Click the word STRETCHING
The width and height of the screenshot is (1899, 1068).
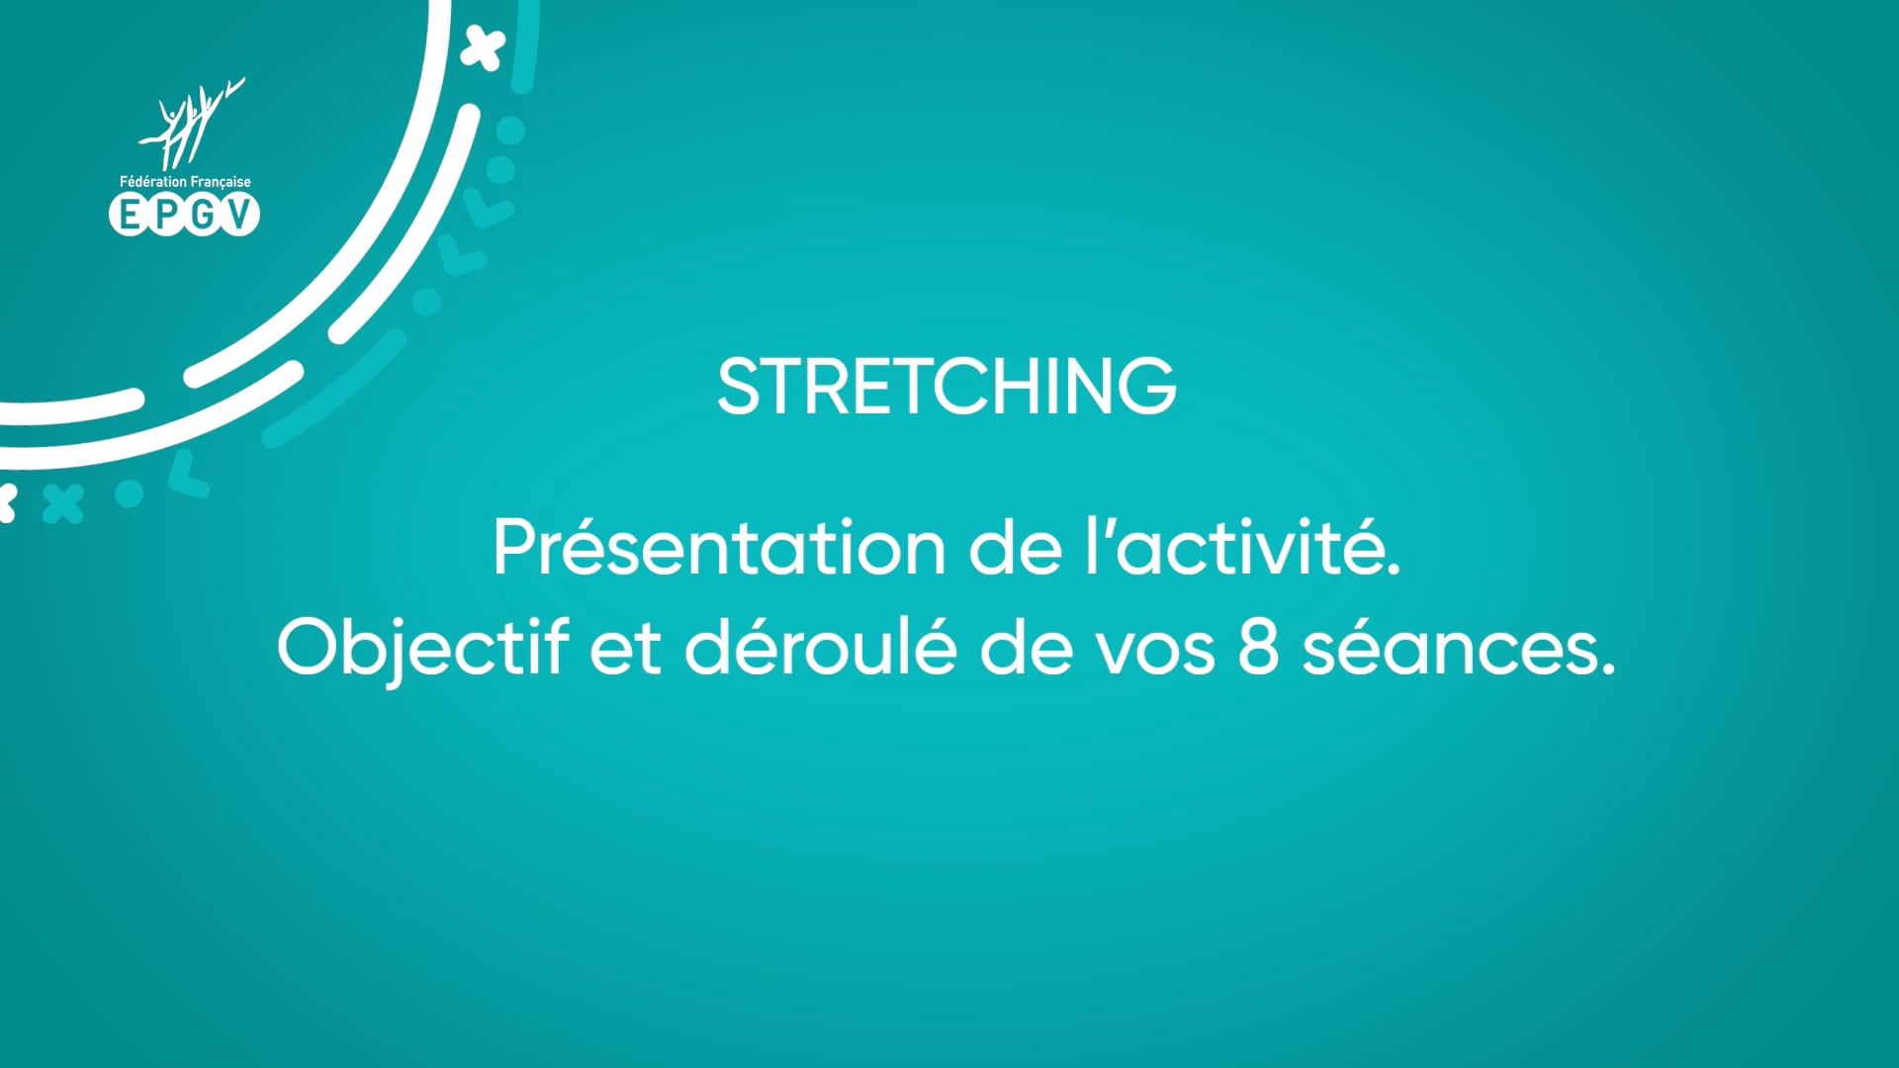(x=947, y=386)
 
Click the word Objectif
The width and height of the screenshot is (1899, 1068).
(x=423, y=650)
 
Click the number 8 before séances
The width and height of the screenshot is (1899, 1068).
(x=1258, y=649)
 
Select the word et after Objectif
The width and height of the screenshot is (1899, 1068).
(x=625, y=650)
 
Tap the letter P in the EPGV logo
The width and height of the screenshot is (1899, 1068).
(x=166, y=215)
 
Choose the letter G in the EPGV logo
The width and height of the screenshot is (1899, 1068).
(x=203, y=215)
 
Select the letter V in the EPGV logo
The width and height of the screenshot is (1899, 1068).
(x=238, y=215)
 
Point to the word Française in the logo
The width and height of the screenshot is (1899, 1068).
(x=219, y=182)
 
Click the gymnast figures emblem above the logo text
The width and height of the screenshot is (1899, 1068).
(x=188, y=125)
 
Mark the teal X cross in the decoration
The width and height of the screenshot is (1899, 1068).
(x=63, y=503)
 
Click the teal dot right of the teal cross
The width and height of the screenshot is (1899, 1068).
(x=130, y=492)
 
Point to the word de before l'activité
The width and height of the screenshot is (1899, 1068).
(x=1015, y=549)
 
